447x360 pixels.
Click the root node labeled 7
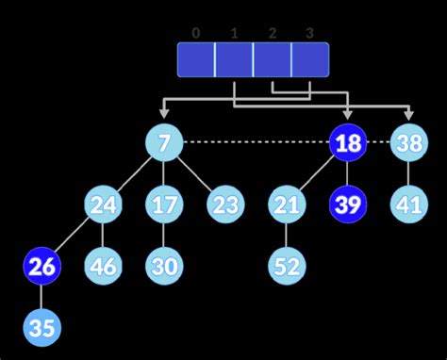pyautogui.click(x=164, y=143)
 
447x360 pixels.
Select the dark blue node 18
pyautogui.click(x=347, y=143)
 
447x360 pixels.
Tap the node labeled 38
pyautogui.click(x=409, y=143)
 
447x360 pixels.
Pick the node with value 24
pyautogui.click(x=103, y=204)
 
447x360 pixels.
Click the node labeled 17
pyautogui.click(x=164, y=204)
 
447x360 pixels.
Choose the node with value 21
pyautogui.click(x=286, y=204)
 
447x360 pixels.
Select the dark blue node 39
pyautogui.click(x=347, y=204)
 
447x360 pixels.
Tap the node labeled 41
pyautogui.click(x=409, y=204)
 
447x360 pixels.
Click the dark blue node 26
pyautogui.click(x=41, y=266)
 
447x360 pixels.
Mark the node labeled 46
pyautogui.click(x=103, y=266)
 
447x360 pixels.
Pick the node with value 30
pyautogui.click(x=164, y=266)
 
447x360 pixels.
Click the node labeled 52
pyautogui.click(x=286, y=266)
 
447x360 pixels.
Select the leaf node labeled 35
pyautogui.click(x=41, y=328)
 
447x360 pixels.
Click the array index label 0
pyautogui.click(x=196, y=33)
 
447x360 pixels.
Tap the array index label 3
pyautogui.click(x=309, y=33)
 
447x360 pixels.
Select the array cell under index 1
pyautogui.click(x=234, y=59)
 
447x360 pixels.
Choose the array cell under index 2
pyautogui.click(x=272, y=59)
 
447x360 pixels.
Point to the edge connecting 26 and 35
pyautogui.click(x=41, y=297)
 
